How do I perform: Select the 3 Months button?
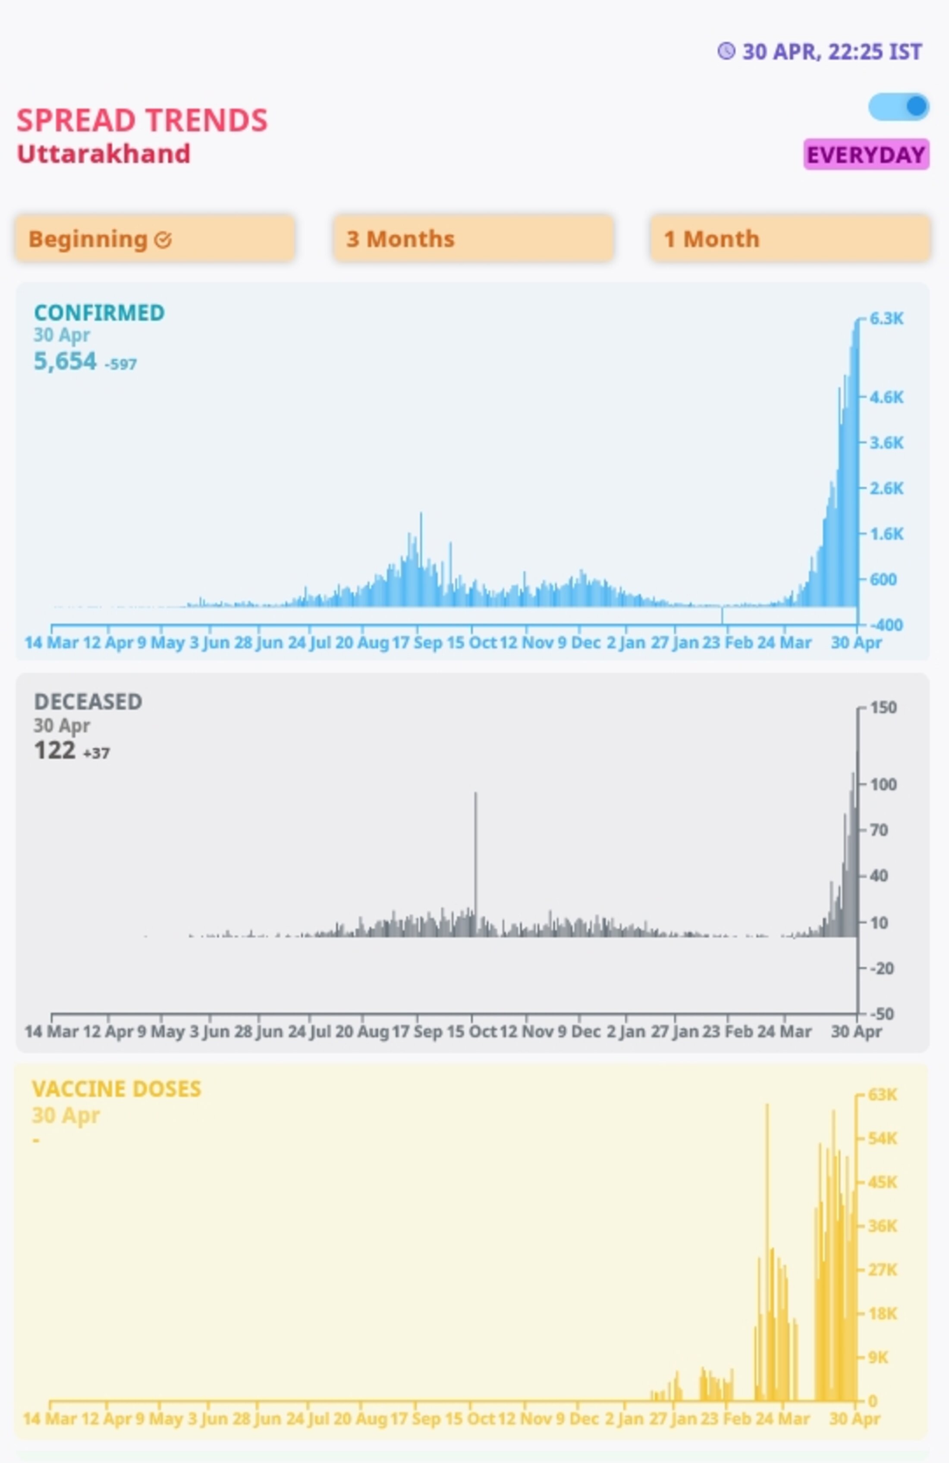pyautogui.click(x=473, y=238)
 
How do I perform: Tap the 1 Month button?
pyautogui.click(x=790, y=238)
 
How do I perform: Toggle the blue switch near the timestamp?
pyautogui.click(x=898, y=106)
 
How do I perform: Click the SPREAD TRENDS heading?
pyautogui.click(x=142, y=120)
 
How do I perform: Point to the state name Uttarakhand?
pyautogui.click(x=103, y=154)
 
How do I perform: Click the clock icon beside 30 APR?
pyautogui.click(x=726, y=51)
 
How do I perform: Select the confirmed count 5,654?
pyautogui.click(x=65, y=361)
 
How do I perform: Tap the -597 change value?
pyautogui.click(x=121, y=364)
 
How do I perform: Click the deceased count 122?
pyautogui.click(x=55, y=751)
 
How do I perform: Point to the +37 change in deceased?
pyautogui.click(x=97, y=753)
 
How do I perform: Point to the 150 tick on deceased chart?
pyautogui.click(x=883, y=708)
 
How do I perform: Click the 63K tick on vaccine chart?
pyautogui.click(x=883, y=1095)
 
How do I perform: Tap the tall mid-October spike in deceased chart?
pyautogui.click(x=475, y=861)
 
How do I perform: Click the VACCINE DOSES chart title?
pyautogui.click(x=116, y=1089)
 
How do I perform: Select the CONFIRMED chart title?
pyautogui.click(x=99, y=313)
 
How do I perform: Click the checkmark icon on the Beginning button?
pyautogui.click(x=163, y=240)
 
